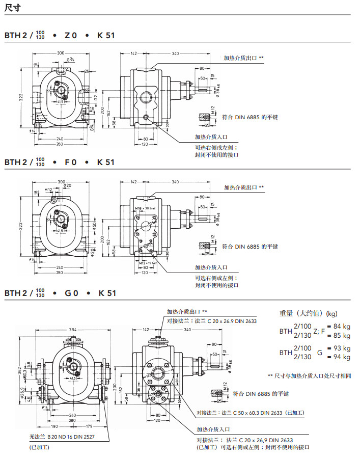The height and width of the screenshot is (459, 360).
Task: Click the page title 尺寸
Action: pos(12,7)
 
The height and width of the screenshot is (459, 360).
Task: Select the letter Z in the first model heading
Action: pos(67,36)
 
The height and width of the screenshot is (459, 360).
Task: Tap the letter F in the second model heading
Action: pos(67,162)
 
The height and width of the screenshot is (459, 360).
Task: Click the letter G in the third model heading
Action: pos(68,293)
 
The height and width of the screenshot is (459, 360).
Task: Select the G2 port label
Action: pos(95,97)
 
